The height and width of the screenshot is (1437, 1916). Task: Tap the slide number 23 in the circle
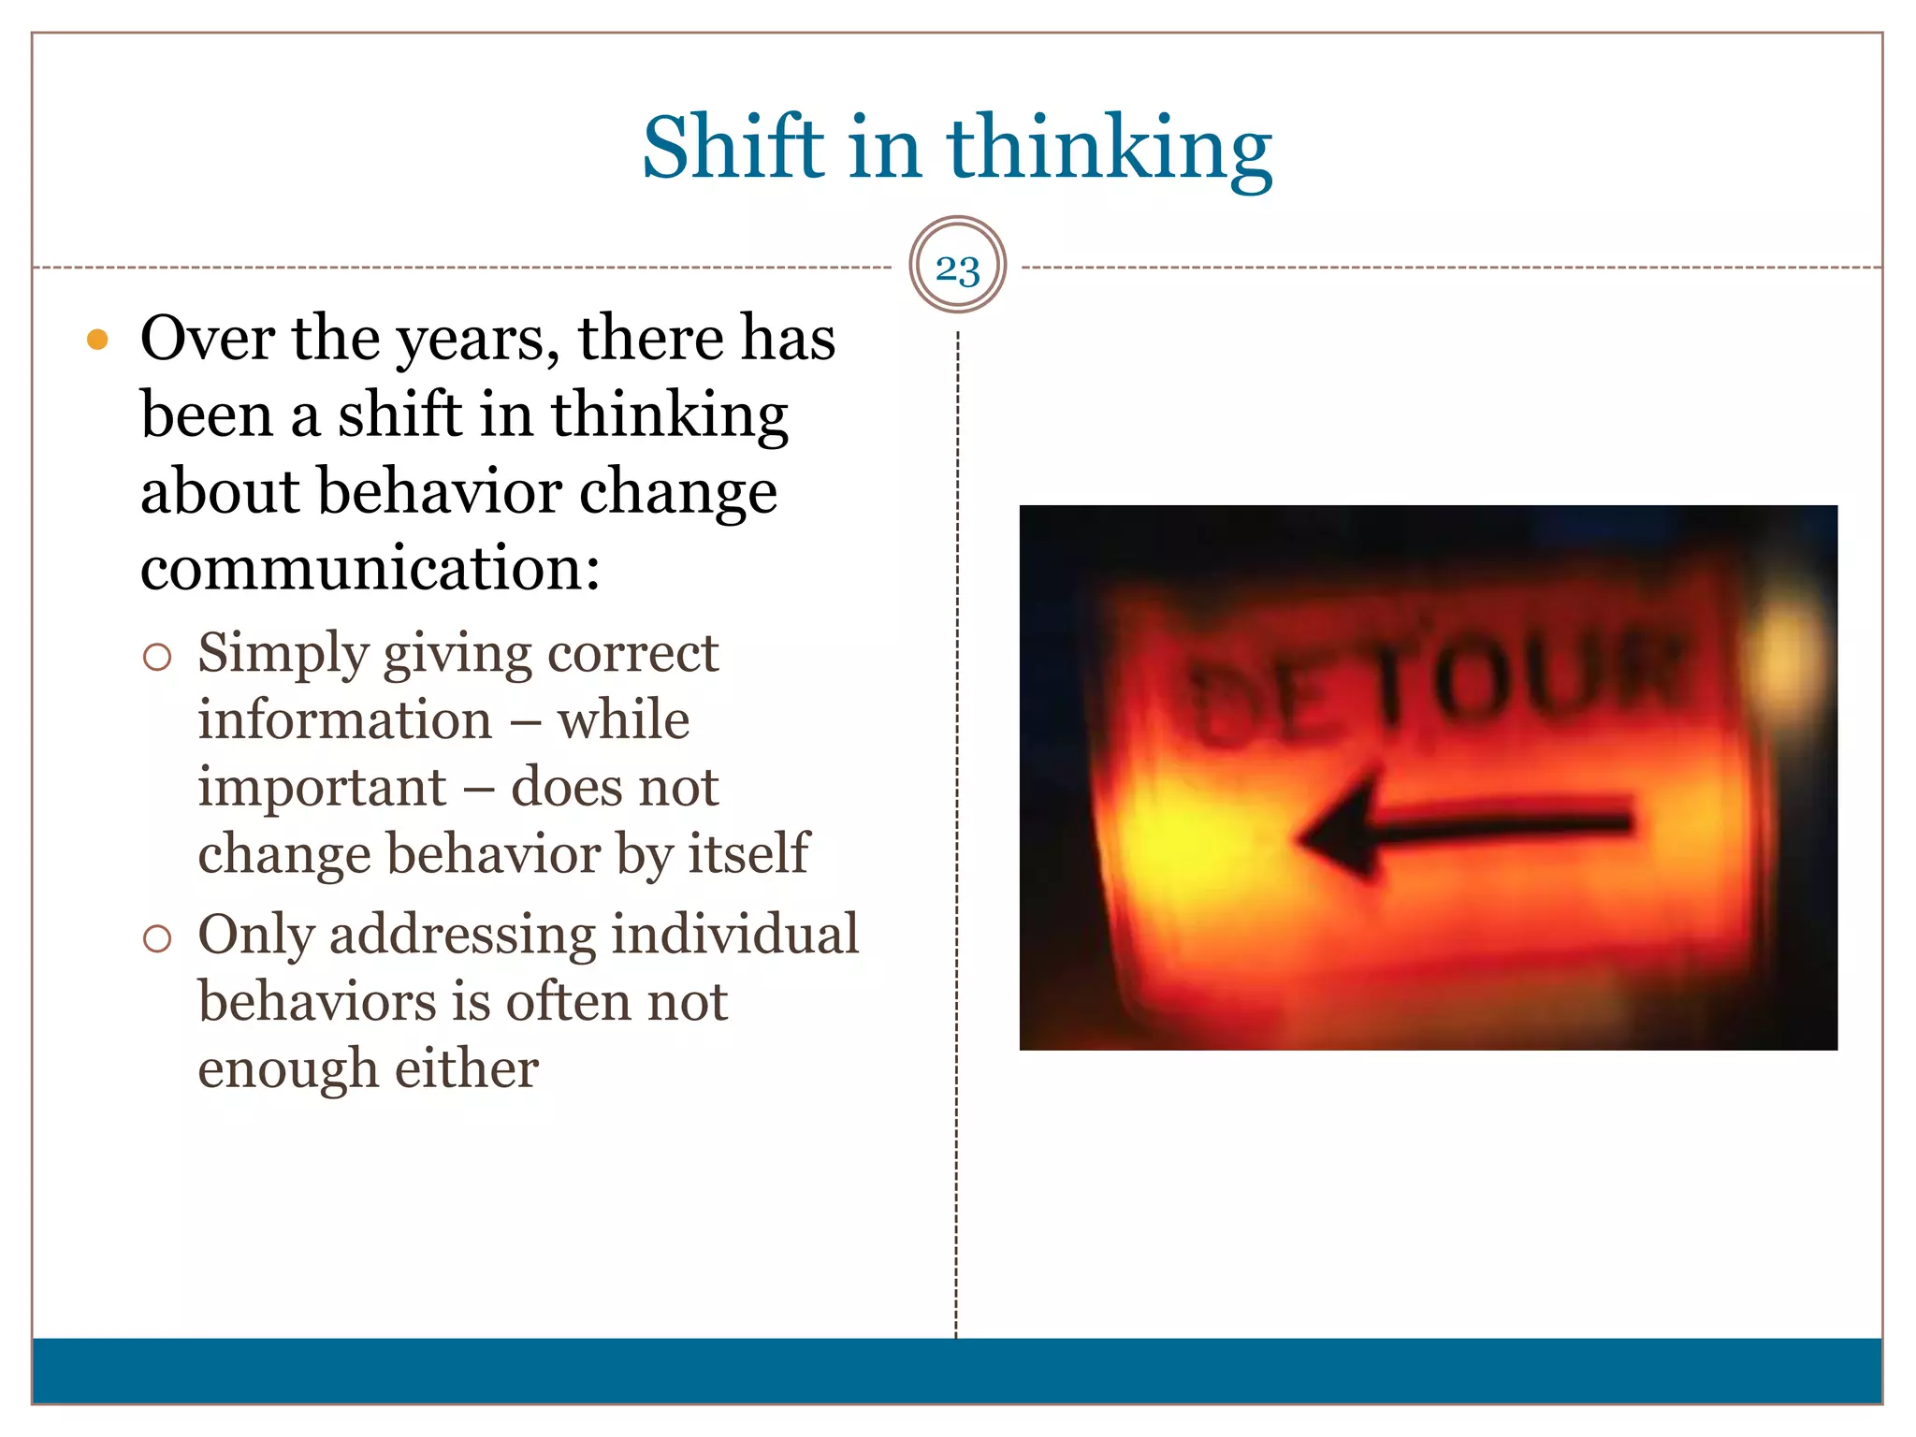click(x=957, y=269)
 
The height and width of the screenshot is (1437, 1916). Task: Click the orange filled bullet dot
click(x=97, y=339)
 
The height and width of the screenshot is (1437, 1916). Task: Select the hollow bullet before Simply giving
click(x=157, y=657)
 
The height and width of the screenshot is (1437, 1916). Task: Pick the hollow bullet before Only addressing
click(x=157, y=938)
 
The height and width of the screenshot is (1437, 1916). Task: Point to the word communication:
click(x=370, y=568)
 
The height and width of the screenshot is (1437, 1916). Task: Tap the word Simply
click(x=283, y=654)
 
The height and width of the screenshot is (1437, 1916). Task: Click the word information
click(x=344, y=720)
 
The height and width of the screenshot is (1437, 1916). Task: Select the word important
click(x=322, y=787)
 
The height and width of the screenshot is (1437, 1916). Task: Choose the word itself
click(x=748, y=853)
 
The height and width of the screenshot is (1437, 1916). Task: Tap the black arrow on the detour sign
click(x=1464, y=828)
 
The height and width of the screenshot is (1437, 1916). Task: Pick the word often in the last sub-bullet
click(x=567, y=1002)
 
